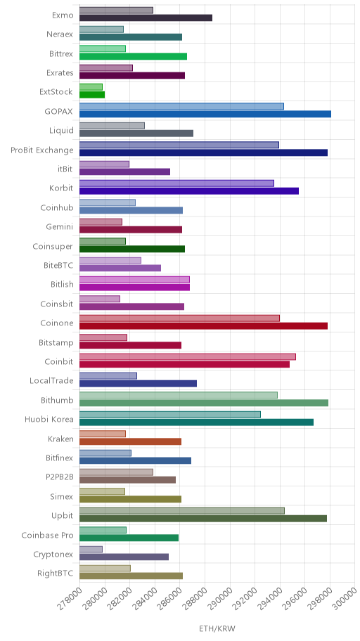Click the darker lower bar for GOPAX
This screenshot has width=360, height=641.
pyautogui.click(x=205, y=114)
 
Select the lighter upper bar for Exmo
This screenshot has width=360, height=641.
pyautogui.click(x=116, y=11)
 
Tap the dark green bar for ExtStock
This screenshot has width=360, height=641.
pyautogui.click(x=92, y=95)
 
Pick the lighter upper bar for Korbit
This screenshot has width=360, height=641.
pyautogui.click(x=176, y=183)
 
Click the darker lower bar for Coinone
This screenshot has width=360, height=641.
pyautogui.click(x=203, y=326)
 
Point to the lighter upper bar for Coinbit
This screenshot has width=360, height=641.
pyautogui.click(x=187, y=357)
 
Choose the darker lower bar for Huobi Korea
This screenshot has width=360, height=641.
pyautogui.click(x=196, y=422)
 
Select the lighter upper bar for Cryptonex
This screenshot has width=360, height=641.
pyautogui.click(x=91, y=550)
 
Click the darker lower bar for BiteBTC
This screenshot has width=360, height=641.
pyautogui.click(x=120, y=268)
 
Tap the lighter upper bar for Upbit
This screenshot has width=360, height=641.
pyautogui.click(x=181, y=510)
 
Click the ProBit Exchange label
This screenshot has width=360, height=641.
pyautogui.click(x=42, y=150)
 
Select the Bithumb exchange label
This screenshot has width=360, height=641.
pyautogui.click(x=57, y=400)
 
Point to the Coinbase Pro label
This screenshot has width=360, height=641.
pyautogui.click(x=47, y=535)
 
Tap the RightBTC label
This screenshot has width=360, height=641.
pyautogui.click(x=56, y=573)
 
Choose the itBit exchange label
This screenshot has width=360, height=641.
pyautogui.click(x=65, y=169)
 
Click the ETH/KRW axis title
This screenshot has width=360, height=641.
pyautogui.click(x=217, y=629)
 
